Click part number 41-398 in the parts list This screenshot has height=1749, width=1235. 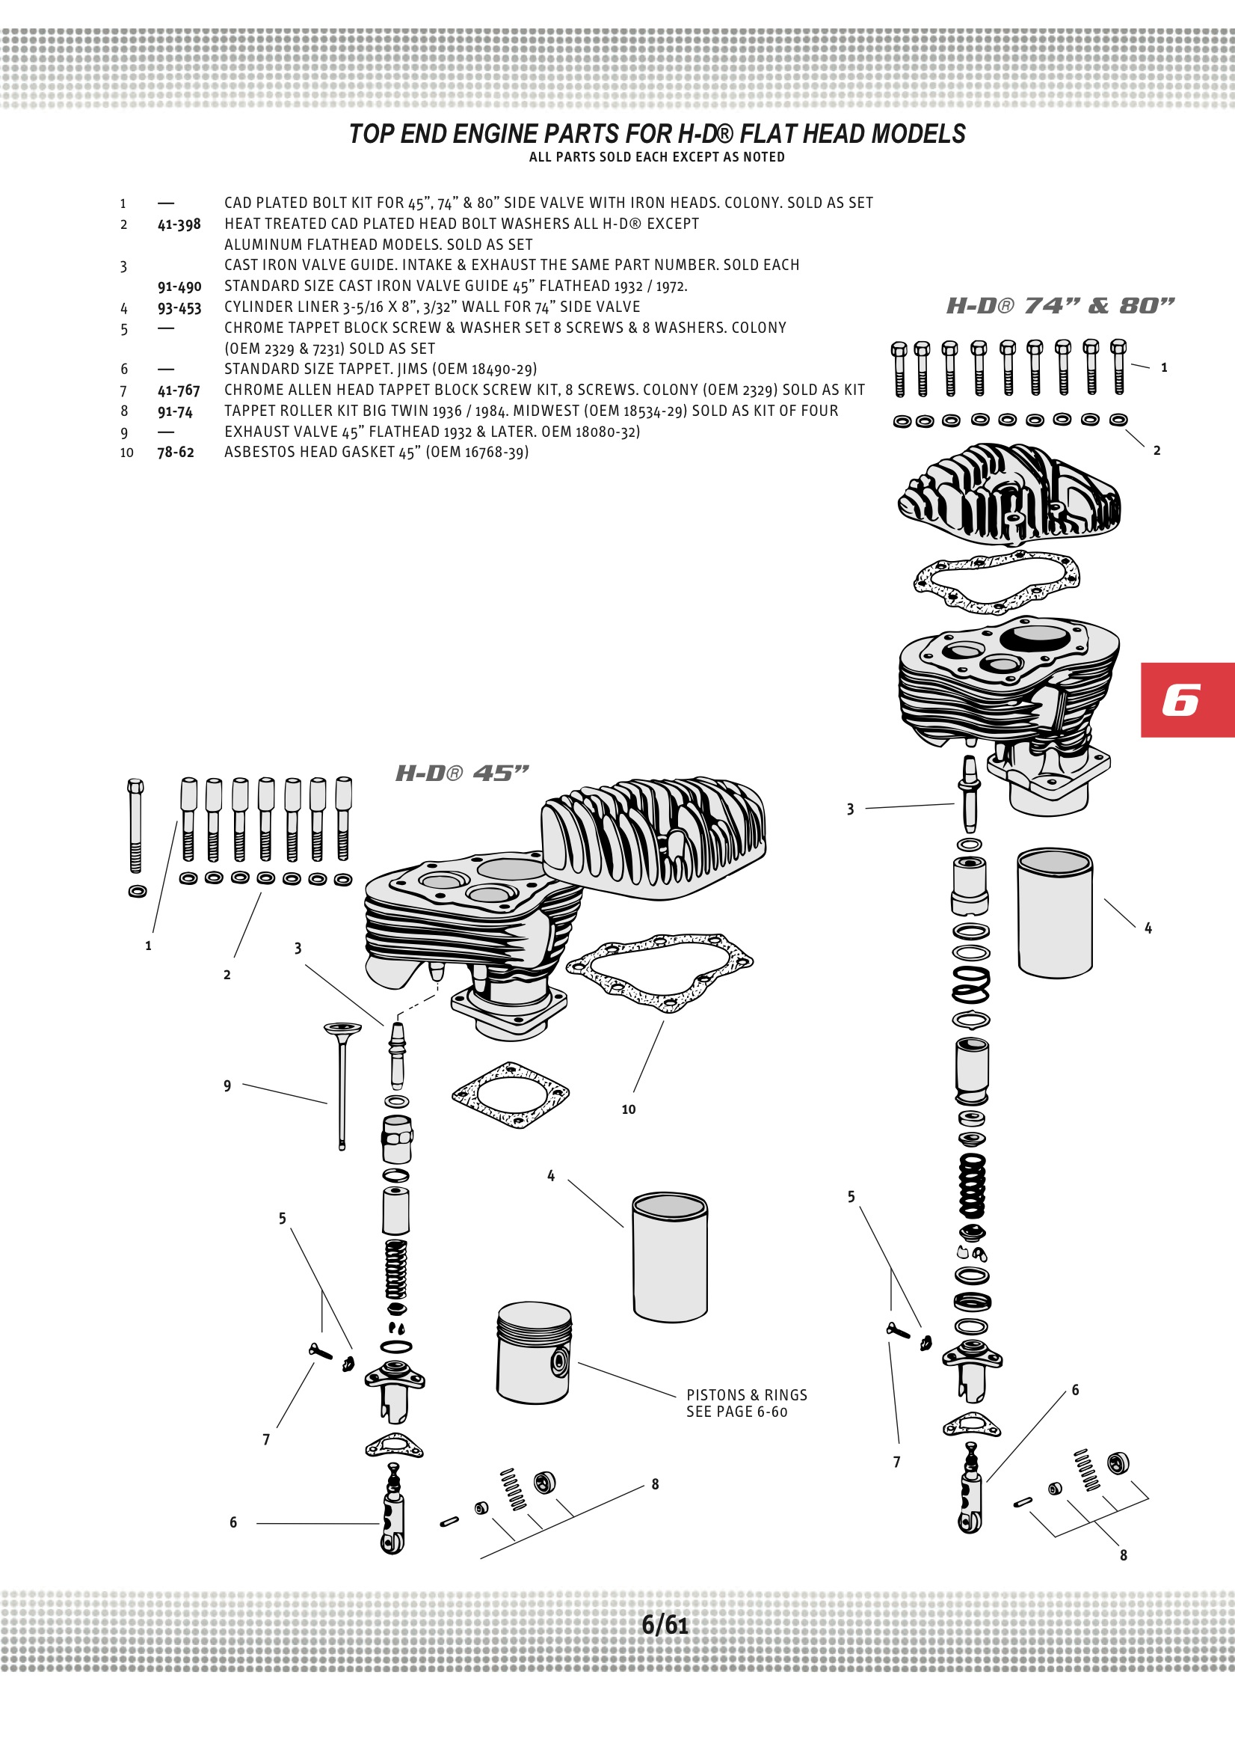[x=179, y=224]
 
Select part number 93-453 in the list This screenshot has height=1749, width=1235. [x=179, y=307]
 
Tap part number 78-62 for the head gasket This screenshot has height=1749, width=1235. [x=176, y=452]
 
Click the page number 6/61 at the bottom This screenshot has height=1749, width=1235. [x=665, y=1625]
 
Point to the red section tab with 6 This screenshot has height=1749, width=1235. [x=1186, y=699]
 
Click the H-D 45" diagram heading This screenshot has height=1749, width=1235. [x=461, y=774]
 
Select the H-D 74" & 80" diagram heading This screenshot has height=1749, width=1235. [x=1060, y=305]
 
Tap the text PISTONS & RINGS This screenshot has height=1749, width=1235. [x=746, y=1394]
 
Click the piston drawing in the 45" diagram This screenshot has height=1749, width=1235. [x=534, y=1352]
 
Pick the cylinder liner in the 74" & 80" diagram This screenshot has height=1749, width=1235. [x=1055, y=913]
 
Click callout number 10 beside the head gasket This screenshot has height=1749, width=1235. [x=628, y=1109]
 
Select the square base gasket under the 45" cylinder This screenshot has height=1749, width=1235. [x=510, y=1094]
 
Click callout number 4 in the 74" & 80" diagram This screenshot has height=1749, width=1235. [x=1148, y=928]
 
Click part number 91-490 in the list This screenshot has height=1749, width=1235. [x=179, y=287]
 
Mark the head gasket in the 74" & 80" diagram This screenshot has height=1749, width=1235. [x=996, y=581]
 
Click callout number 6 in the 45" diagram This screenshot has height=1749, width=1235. [x=233, y=1522]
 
